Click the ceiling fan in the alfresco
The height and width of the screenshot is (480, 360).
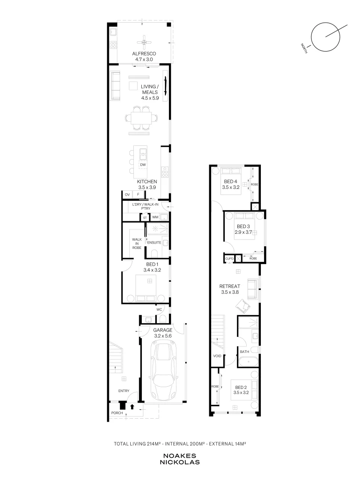144,42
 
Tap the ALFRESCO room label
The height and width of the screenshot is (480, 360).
144,54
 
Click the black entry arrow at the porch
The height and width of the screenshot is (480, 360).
132,407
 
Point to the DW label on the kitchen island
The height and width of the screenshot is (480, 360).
143,165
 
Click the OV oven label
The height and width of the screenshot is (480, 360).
128,195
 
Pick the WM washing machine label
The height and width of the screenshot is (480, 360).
155,217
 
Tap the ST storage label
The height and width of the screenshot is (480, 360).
145,218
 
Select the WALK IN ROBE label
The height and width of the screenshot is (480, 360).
137,244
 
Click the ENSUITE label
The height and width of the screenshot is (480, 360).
154,243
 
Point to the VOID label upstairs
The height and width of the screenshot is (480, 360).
217,356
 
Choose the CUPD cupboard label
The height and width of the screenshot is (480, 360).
229,259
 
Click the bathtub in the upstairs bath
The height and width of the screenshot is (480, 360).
248,362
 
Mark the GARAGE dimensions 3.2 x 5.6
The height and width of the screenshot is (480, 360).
163,336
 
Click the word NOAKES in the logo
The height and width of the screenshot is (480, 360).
180,456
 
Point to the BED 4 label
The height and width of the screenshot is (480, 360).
231,181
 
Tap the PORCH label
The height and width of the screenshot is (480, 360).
117,413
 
